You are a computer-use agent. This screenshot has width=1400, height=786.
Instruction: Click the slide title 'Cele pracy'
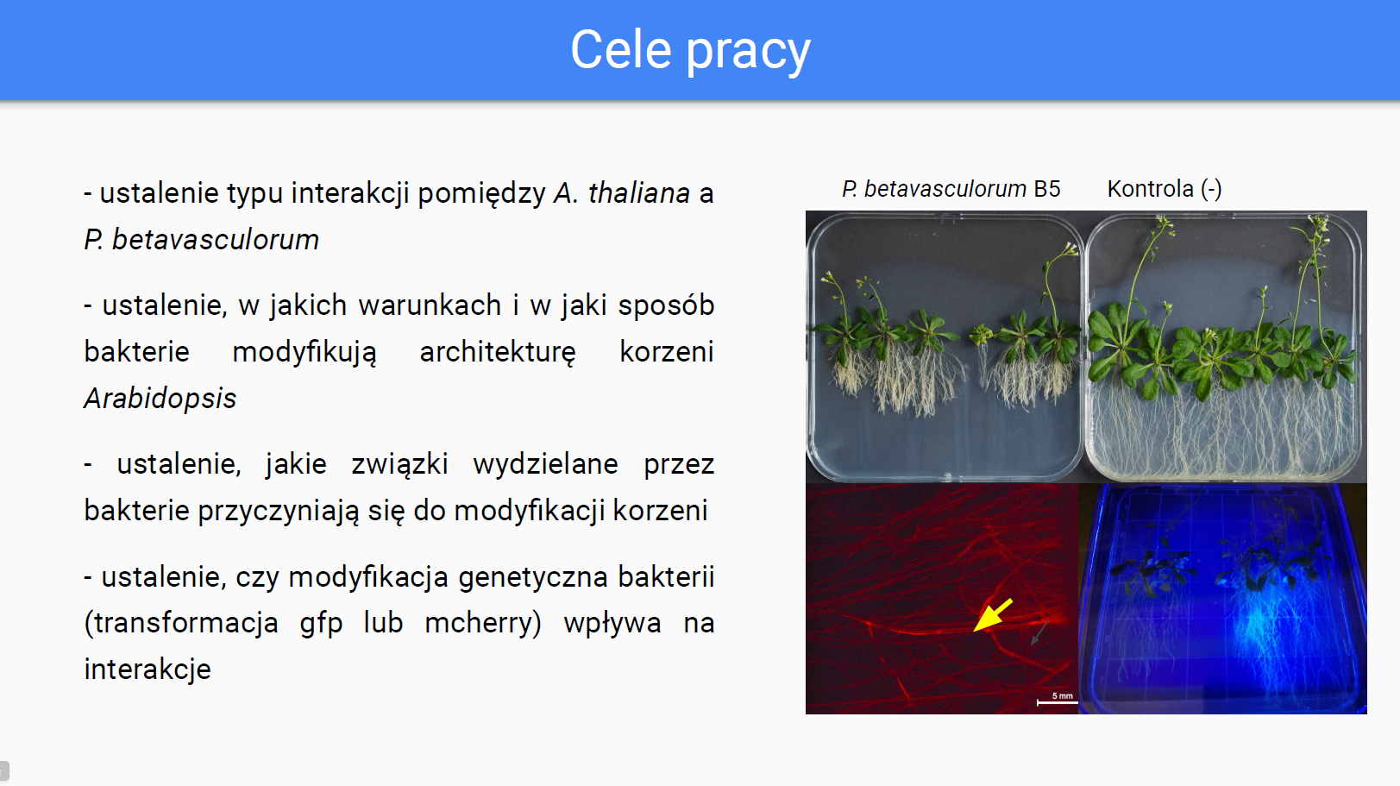click(x=690, y=50)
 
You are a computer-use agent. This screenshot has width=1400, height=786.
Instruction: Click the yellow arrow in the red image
click(x=993, y=615)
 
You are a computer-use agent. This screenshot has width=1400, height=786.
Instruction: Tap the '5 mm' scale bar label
click(x=1062, y=695)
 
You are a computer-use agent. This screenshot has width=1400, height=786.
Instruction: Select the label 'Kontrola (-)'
click(x=1165, y=189)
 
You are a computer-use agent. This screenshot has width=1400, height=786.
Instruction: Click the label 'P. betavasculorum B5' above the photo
click(x=951, y=189)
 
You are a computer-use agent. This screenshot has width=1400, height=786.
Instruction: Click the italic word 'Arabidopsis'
click(x=160, y=399)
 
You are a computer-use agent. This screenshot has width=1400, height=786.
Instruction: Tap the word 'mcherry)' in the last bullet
click(x=482, y=623)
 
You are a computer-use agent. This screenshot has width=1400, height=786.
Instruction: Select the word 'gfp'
click(x=321, y=624)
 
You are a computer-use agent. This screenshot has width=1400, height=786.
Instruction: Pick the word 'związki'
click(x=399, y=465)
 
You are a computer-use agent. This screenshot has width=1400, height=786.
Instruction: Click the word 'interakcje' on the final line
click(x=148, y=670)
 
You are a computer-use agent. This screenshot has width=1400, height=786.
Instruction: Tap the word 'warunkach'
click(x=430, y=305)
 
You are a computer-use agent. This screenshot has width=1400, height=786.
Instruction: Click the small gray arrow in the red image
click(x=1039, y=632)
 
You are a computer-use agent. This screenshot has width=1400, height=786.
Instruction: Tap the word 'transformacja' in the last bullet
click(x=181, y=624)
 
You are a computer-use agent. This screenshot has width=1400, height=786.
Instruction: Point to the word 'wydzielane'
click(x=546, y=465)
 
